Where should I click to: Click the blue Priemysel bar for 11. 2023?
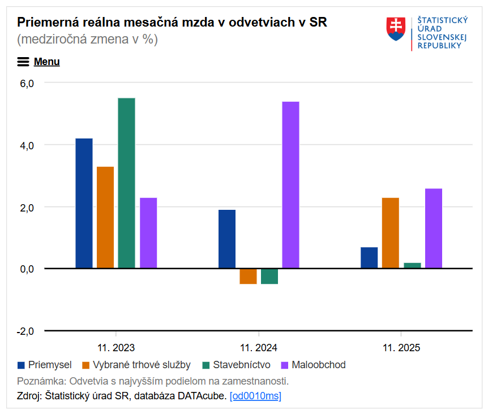click(x=84, y=203)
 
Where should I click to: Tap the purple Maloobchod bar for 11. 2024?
click(x=290, y=184)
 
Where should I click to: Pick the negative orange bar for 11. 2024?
click(x=248, y=276)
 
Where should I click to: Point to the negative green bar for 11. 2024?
click(x=269, y=276)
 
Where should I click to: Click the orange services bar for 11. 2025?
click(x=391, y=233)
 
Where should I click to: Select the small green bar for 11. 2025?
click(x=412, y=265)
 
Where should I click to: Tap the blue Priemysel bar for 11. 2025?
click(x=369, y=257)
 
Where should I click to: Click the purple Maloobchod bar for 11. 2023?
click(x=148, y=233)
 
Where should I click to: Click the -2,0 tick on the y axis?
click(x=26, y=331)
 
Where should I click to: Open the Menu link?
click(x=46, y=62)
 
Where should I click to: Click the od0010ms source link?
click(x=255, y=396)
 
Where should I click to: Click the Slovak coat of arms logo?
click(x=397, y=28)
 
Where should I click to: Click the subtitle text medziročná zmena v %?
click(x=88, y=40)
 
